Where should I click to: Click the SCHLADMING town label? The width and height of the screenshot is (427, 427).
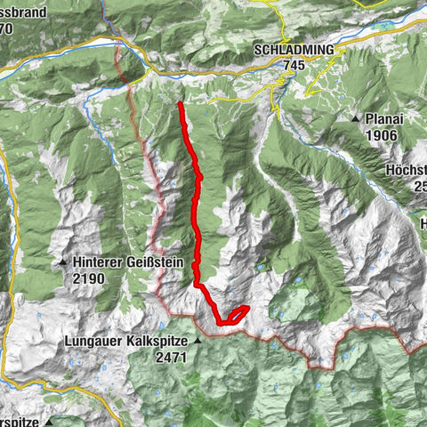[x=294, y=50]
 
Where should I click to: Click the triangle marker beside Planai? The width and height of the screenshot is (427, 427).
[x=355, y=118]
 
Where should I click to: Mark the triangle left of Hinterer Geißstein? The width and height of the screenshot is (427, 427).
[x=63, y=263]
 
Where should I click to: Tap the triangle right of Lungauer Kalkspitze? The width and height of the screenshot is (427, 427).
[x=199, y=341]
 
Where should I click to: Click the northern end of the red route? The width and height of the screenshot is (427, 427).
[x=180, y=105]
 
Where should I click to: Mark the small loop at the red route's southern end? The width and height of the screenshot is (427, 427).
[x=236, y=313]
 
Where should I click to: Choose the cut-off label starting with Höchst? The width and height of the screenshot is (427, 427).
[x=407, y=171]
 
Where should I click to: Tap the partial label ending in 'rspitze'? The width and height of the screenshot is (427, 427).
[x=20, y=421]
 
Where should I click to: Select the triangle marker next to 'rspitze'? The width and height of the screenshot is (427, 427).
[x=52, y=421]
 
